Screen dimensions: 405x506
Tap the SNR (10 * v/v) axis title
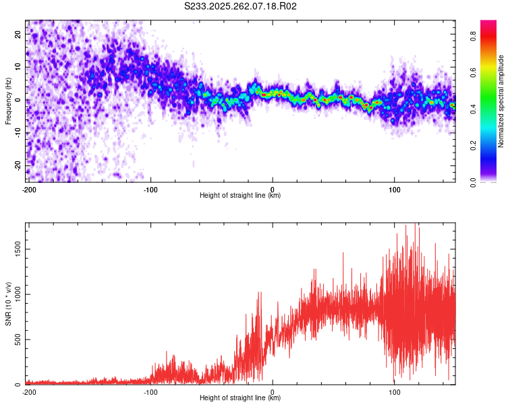(8, 304)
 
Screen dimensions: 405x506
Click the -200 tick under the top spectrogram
(28, 189)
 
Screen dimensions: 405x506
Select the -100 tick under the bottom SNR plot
(150, 391)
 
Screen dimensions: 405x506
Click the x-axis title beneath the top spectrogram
(240, 196)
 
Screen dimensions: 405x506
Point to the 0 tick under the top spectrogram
(273, 189)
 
